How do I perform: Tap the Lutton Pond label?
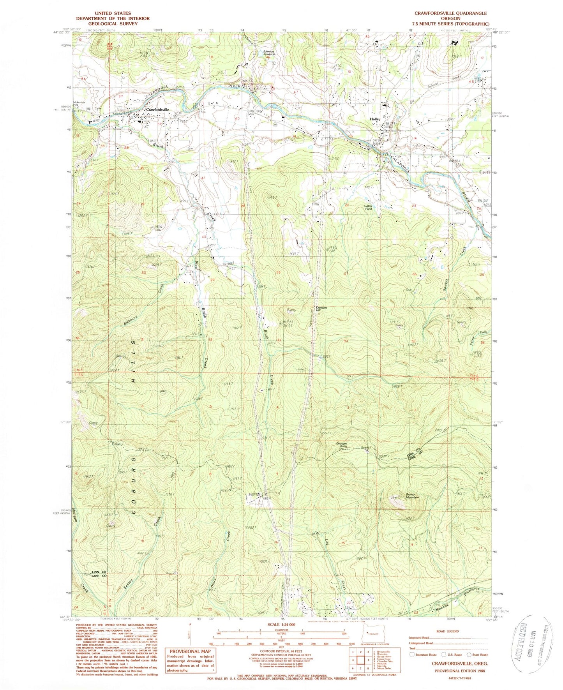pos(368,207)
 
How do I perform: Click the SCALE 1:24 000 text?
pos(281,625)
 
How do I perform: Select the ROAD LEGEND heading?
pos(448,631)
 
